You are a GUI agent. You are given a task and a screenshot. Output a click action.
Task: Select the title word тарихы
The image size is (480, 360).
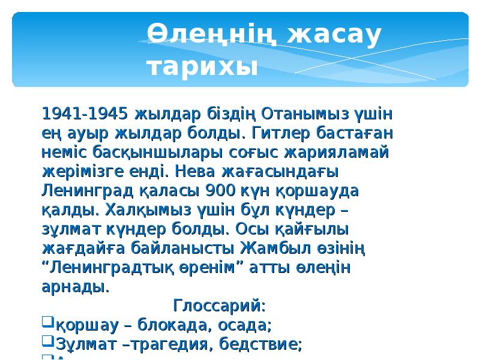[x=202, y=67]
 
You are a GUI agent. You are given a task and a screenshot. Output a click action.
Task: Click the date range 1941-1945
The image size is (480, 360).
[x=85, y=113]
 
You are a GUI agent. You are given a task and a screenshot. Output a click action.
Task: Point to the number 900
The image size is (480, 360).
[x=220, y=190]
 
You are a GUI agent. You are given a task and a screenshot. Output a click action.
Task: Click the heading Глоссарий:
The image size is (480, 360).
[x=219, y=305]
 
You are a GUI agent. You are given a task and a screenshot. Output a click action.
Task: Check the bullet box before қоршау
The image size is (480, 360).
[x=48, y=323]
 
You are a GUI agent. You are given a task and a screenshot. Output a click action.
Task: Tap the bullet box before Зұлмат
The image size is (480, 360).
[x=48, y=343]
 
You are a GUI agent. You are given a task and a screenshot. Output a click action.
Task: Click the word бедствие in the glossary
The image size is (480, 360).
[x=266, y=344]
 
